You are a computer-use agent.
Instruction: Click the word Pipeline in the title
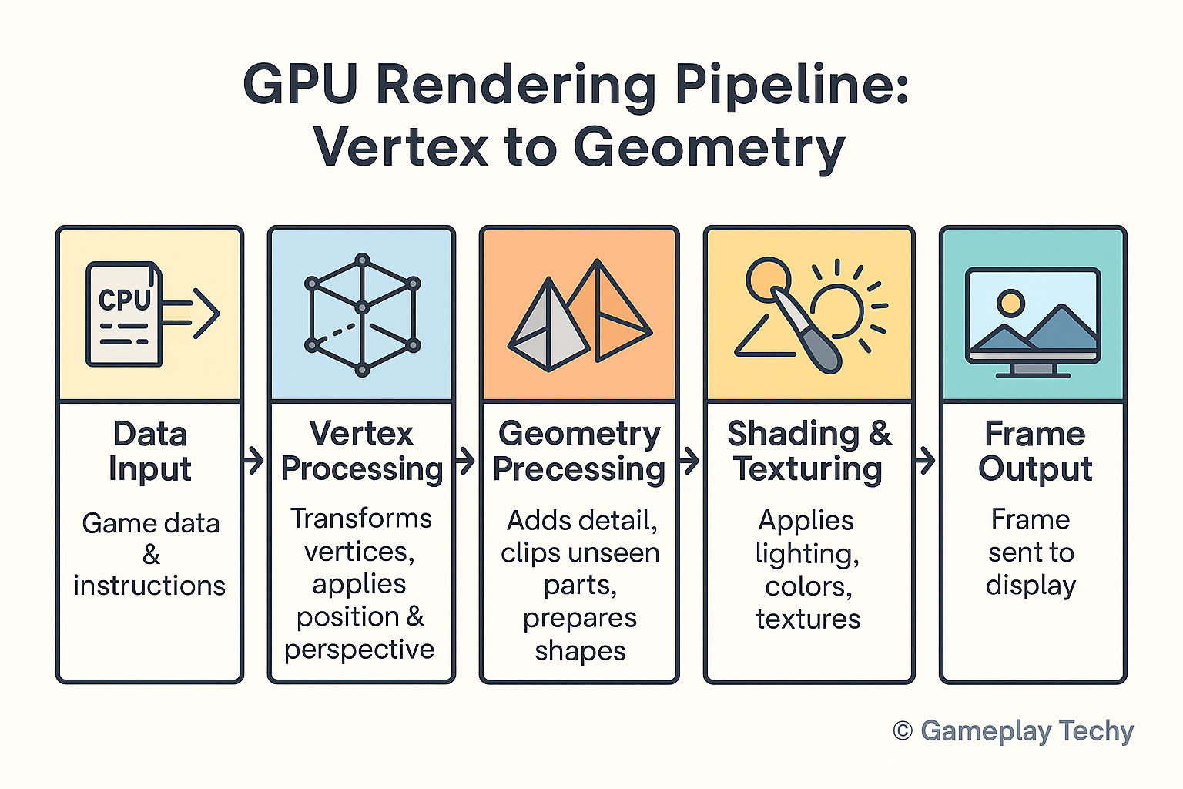pyautogui.click(x=793, y=86)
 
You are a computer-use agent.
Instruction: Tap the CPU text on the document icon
pyautogui.click(x=125, y=300)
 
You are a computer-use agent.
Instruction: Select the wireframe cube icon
pyautogui.click(x=362, y=314)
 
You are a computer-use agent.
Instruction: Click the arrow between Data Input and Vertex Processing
pyautogui.click(x=254, y=462)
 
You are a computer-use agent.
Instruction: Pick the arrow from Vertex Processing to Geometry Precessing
pyautogui.click(x=466, y=462)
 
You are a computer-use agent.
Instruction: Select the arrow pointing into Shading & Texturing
pyautogui.click(x=691, y=462)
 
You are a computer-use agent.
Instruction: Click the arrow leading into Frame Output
pyautogui.click(x=926, y=462)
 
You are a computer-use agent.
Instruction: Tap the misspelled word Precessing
pyautogui.click(x=579, y=469)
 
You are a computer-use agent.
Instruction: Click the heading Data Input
pyautogui.click(x=150, y=452)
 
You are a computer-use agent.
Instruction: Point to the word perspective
pyautogui.click(x=359, y=650)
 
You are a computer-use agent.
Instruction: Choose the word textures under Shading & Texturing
pyautogui.click(x=808, y=619)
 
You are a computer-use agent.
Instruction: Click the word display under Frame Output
pyautogui.click(x=1031, y=586)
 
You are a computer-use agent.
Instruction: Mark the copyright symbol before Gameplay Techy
pyautogui.click(x=903, y=730)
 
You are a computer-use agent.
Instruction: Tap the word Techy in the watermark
pyautogui.click(x=1096, y=730)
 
